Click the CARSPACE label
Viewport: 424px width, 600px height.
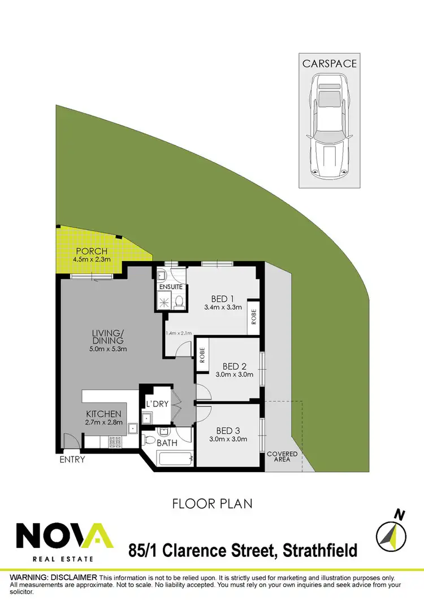(x=329, y=63)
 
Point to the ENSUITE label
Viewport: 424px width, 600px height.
(x=170, y=287)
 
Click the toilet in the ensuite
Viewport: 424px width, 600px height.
(x=180, y=301)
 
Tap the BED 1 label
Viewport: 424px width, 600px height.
(x=223, y=299)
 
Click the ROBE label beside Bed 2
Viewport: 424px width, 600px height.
(x=202, y=355)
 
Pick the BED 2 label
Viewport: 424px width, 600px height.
(x=230, y=366)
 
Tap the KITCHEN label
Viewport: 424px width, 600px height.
(x=103, y=414)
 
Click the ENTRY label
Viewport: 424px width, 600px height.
(x=72, y=460)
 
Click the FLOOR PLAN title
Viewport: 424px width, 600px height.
(x=212, y=503)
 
